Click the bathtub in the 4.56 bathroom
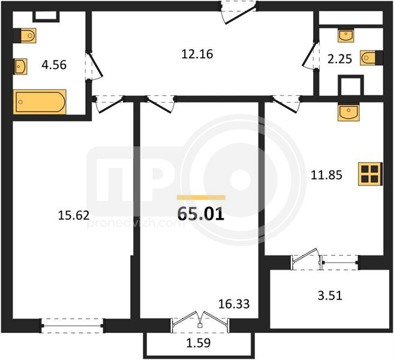click(40, 102)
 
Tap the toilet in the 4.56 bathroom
click(25, 35)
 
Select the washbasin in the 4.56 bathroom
click(20, 67)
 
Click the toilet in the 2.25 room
click(371, 58)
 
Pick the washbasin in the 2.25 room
click(345, 35)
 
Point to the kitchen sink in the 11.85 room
click(348, 112)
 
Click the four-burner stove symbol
click(371, 174)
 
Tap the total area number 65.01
click(200, 214)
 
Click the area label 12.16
click(197, 54)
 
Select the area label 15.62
click(74, 215)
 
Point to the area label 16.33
click(234, 304)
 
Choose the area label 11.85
click(326, 175)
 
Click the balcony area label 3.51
click(330, 295)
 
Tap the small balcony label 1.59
click(198, 343)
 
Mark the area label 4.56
click(54, 65)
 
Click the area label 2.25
click(339, 59)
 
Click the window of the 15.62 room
click(73, 326)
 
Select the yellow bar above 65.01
click(201, 197)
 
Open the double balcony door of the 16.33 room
click(200, 321)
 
